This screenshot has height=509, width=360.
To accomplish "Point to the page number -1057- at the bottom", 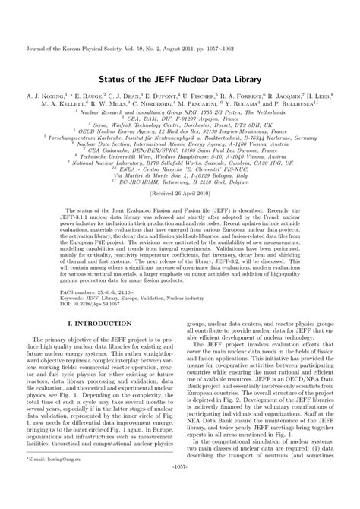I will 180,501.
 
